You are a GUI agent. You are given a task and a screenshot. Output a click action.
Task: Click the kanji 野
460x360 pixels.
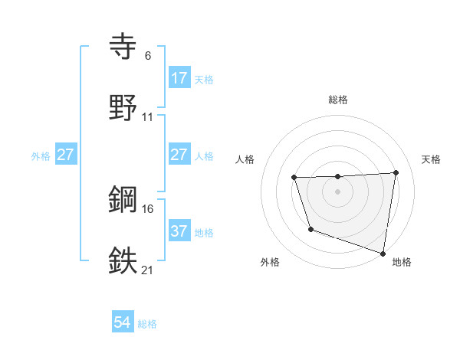coord(123,108)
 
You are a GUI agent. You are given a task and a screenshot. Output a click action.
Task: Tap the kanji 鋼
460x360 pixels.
coord(123,200)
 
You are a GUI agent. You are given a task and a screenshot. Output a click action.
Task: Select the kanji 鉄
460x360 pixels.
coord(123,260)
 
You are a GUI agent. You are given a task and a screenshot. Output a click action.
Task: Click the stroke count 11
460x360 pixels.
coord(148,117)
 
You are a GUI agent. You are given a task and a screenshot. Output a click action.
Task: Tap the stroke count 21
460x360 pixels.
coord(148,270)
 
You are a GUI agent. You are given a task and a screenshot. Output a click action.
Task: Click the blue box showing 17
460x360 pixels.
coord(179,78)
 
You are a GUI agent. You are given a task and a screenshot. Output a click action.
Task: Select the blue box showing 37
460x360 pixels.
coord(179,231)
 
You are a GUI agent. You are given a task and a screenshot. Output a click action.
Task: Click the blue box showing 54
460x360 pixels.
coord(123,322)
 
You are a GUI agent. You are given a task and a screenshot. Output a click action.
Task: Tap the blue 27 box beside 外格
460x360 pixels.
coord(66,155)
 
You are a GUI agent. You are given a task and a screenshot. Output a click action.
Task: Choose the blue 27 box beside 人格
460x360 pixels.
coord(179,155)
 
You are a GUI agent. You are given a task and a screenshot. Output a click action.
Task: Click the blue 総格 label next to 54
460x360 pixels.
coord(147,324)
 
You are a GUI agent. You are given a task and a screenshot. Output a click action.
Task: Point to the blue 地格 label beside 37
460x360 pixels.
coord(204,232)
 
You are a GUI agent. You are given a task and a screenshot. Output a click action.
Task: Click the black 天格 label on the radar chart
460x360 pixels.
coord(431,159)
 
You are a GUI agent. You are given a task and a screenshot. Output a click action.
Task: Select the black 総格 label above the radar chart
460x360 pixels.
coord(338,100)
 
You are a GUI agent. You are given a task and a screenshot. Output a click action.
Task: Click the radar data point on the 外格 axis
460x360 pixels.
coord(310,229)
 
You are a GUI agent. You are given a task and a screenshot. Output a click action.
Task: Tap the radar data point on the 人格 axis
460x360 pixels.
coord(294,178)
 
